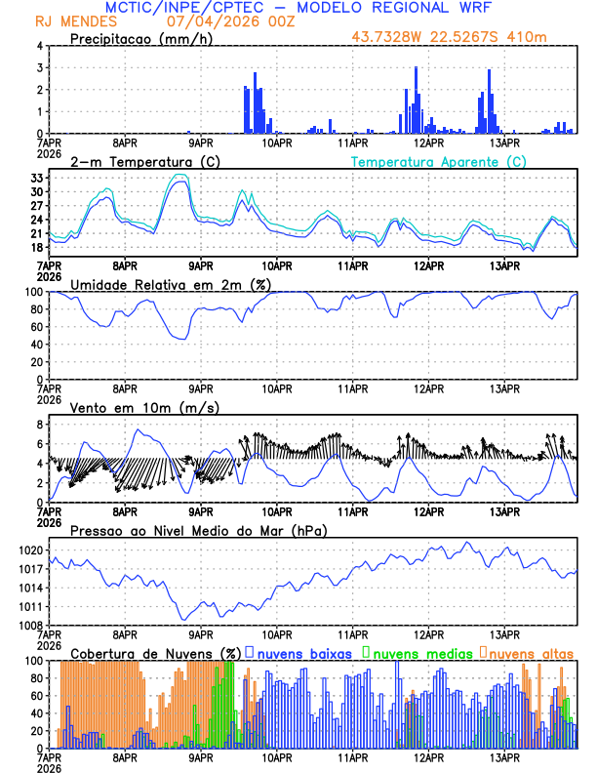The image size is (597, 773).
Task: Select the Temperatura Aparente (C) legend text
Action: click(438, 161)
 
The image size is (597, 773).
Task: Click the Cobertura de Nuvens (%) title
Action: click(156, 653)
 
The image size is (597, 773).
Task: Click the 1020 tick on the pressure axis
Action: click(31, 550)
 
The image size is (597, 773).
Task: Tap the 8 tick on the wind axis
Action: click(40, 425)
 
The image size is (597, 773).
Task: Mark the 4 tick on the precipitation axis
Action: click(40, 46)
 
